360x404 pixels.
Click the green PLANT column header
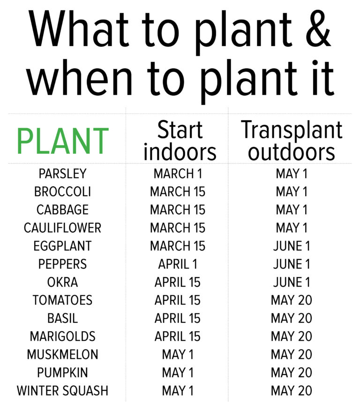[x=62, y=141]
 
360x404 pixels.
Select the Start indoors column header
[x=180, y=141]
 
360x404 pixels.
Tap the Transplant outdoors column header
[x=291, y=141]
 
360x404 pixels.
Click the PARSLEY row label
[x=62, y=174]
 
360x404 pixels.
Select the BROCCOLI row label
[x=62, y=192]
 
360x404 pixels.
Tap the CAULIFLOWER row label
[x=62, y=228]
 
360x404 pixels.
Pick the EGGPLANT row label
[x=62, y=246]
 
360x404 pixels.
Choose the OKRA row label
[x=62, y=282]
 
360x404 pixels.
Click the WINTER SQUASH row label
[x=62, y=390]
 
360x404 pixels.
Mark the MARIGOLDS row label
[x=62, y=336]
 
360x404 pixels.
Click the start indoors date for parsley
[x=178, y=174]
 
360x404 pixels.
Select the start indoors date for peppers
[x=178, y=264]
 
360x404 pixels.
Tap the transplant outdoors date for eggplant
[x=292, y=246]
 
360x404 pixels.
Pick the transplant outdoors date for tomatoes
[x=292, y=300]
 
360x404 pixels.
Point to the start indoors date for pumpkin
[x=178, y=373]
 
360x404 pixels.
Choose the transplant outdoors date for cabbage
[x=292, y=210]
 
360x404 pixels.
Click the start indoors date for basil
[x=178, y=318]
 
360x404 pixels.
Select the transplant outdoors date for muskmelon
[x=292, y=355]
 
